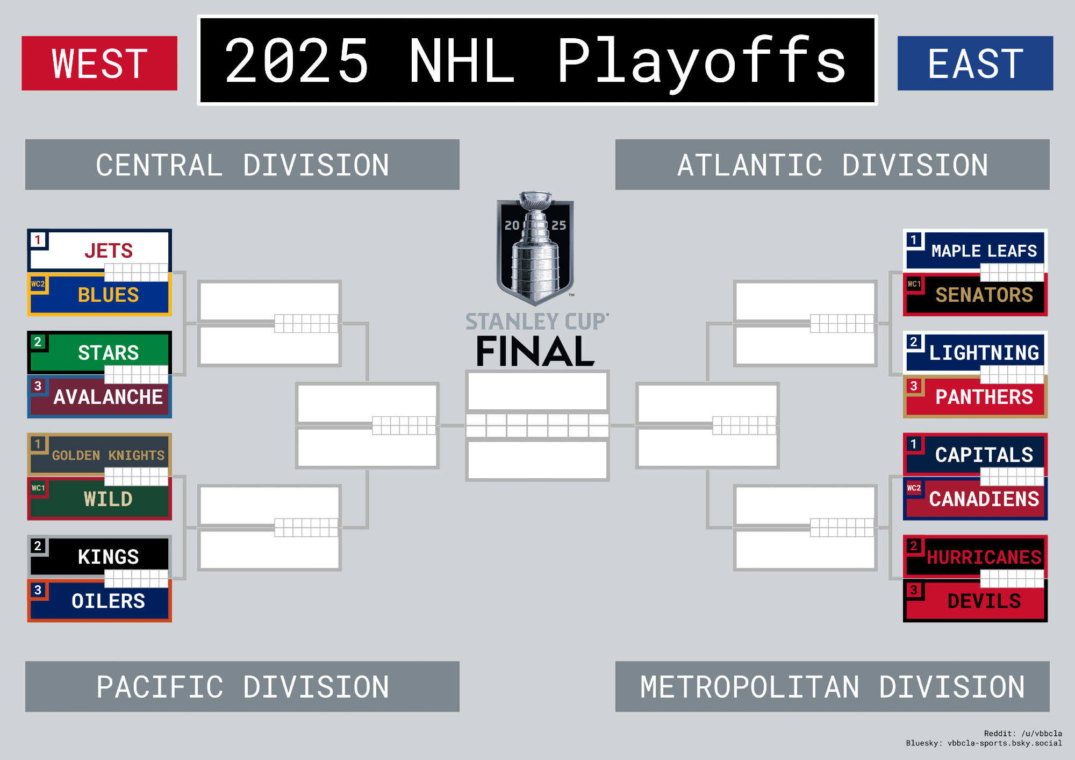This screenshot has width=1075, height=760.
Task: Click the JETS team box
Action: click(x=99, y=251)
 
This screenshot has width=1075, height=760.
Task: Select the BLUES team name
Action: click(x=109, y=295)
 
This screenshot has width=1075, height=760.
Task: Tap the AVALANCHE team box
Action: click(x=99, y=396)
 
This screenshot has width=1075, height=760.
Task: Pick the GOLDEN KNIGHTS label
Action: click(x=109, y=456)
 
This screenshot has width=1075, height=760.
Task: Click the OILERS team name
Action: click(x=109, y=601)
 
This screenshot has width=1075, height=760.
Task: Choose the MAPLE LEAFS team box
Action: click(x=976, y=251)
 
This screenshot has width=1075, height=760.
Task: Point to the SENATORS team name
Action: click(x=984, y=295)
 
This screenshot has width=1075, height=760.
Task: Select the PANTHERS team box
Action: click(x=976, y=396)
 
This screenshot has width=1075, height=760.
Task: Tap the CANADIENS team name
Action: click(x=984, y=499)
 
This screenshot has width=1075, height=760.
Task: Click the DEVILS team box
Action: click(x=976, y=601)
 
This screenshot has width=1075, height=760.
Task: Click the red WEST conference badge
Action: click(x=99, y=63)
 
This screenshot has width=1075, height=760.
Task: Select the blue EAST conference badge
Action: click(x=976, y=63)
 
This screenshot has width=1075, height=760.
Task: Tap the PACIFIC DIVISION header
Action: click(x=242, y=687)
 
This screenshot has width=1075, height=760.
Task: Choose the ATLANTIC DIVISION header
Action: click(x=833, y=165)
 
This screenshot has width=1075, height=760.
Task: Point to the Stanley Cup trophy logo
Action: click(x=535, y=248)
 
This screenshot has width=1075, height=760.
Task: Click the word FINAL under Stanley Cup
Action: click(x=535, y=352)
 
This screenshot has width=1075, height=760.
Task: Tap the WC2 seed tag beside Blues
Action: click(x=38, y=284)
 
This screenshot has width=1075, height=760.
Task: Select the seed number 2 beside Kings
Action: click(x=38, y=546)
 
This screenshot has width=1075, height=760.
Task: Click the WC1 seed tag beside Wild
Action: click(x=38, y=488)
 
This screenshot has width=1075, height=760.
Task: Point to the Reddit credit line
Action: click(x=1023, y=734)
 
